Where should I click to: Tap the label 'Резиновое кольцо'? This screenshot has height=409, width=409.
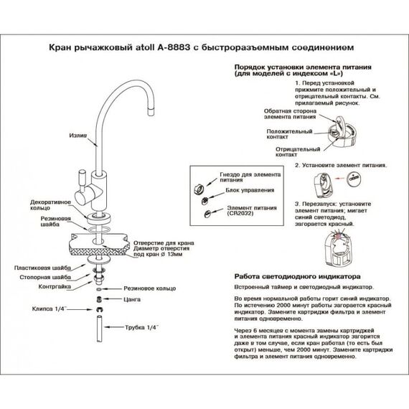(x=147, y=286)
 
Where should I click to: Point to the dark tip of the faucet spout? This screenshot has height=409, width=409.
(x=149, y=109)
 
